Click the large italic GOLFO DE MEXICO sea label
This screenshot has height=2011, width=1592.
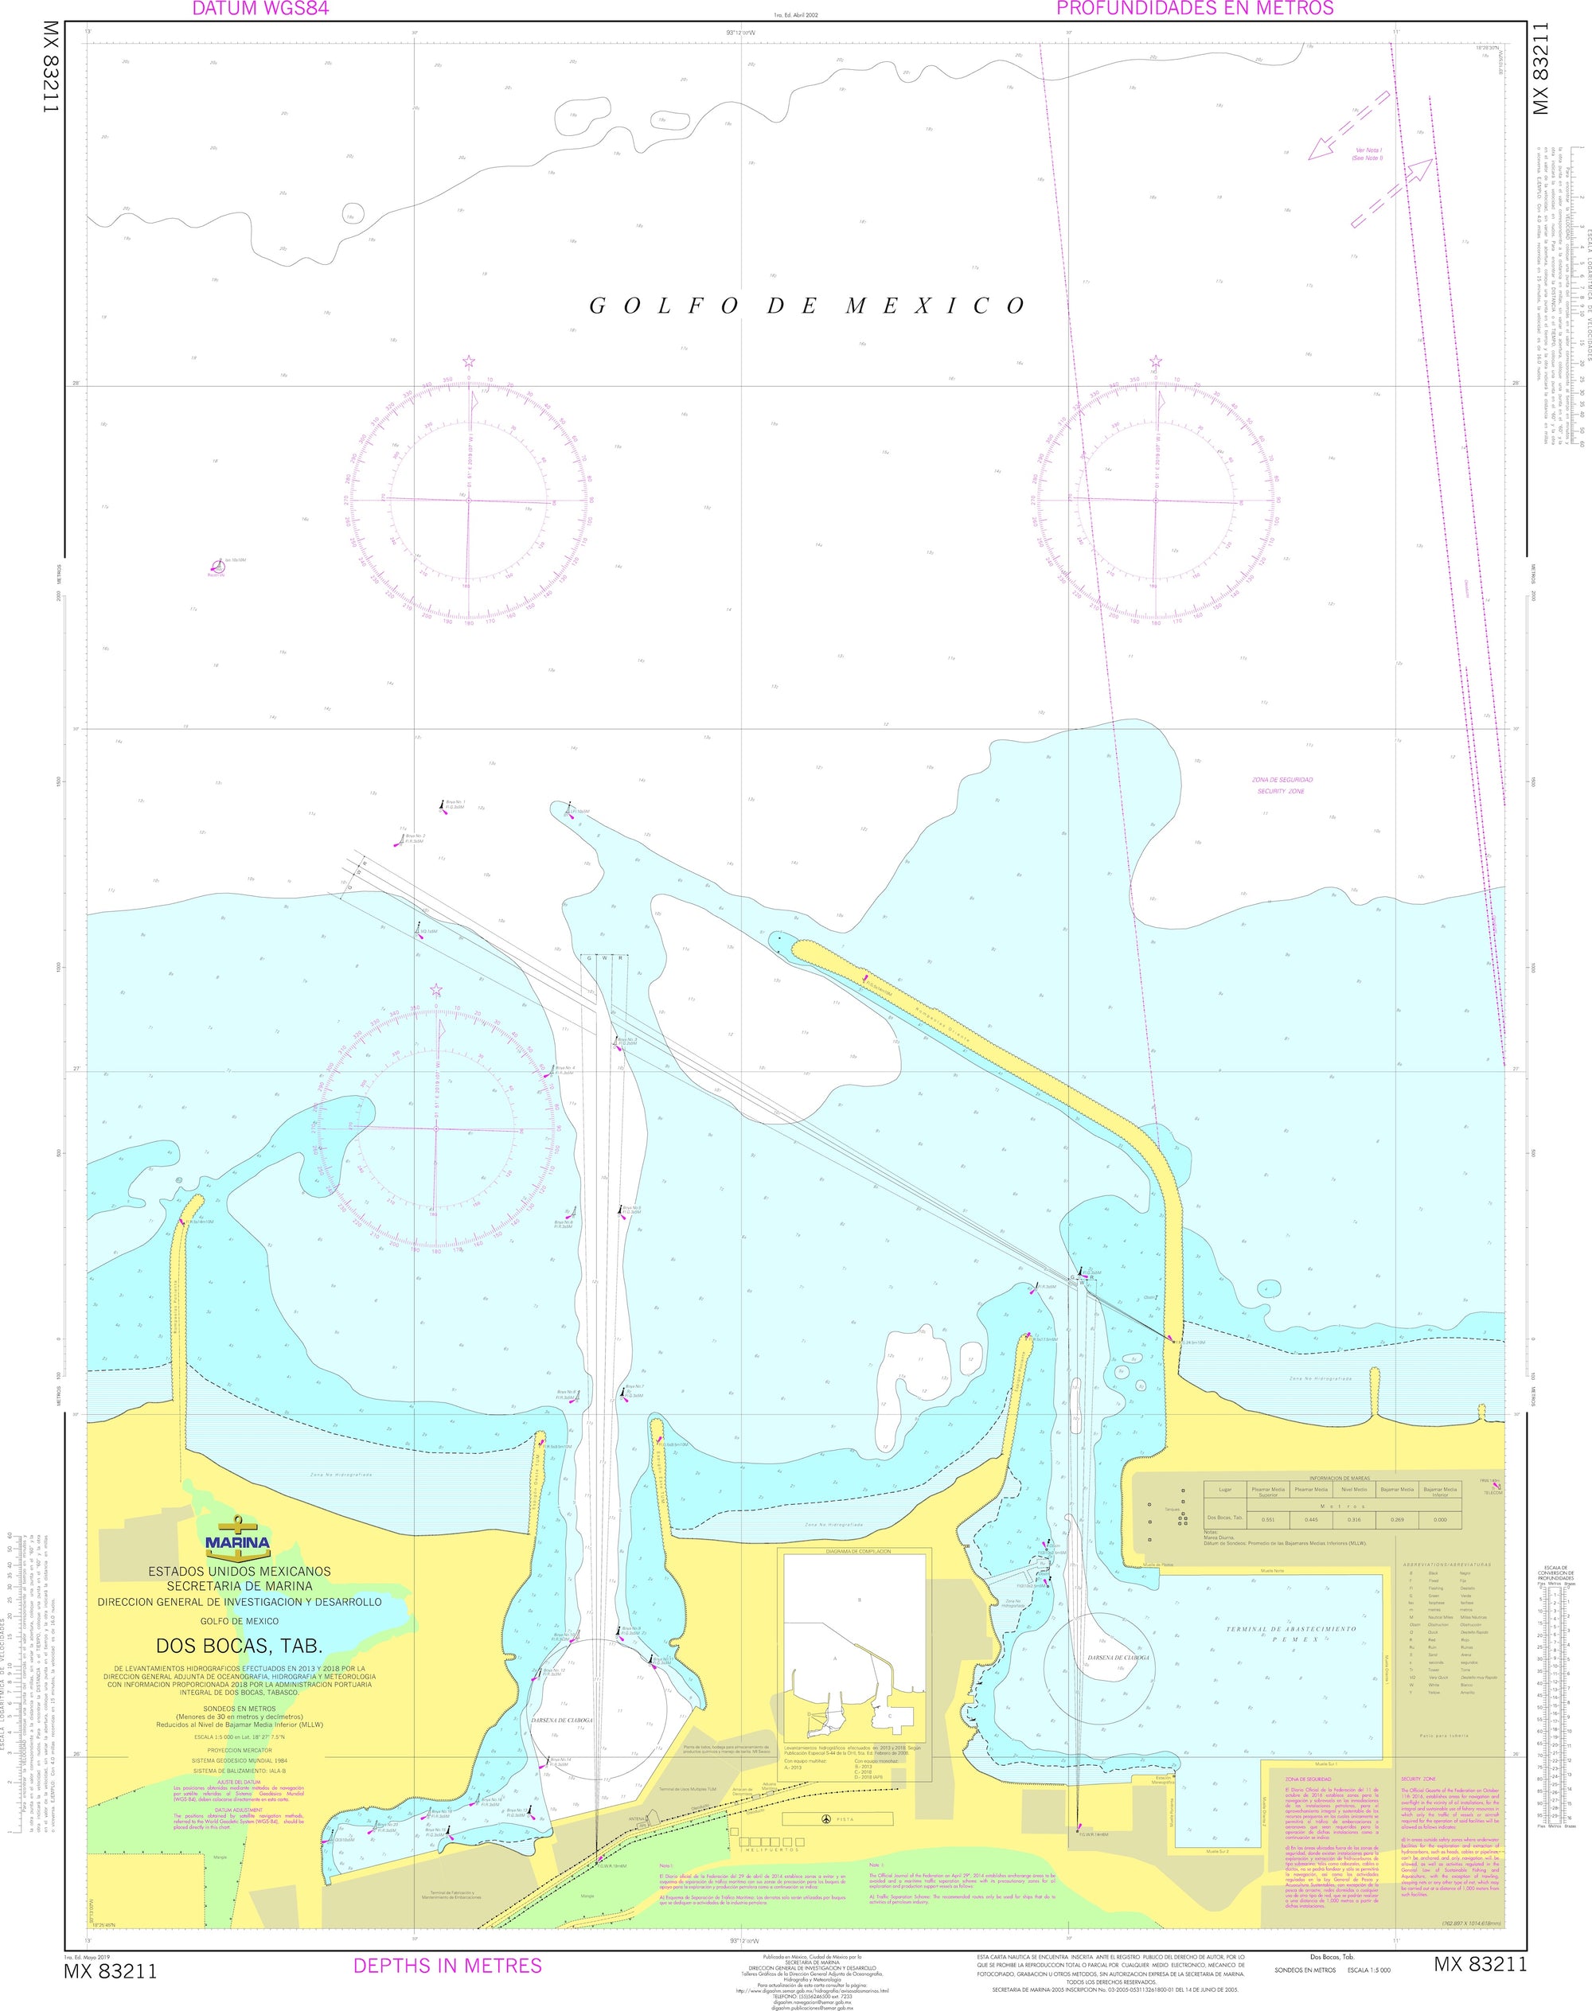tap(807, 306)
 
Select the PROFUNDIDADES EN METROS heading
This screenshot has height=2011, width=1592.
tap(1195, 10)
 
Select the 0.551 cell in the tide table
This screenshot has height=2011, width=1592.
tap(1268, 1520)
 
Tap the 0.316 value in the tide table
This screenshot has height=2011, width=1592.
tap(1353, 1520)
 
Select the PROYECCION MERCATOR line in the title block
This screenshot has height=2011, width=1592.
tap(240, 1751)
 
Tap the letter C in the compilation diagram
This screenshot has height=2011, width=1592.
tap(889, 1716)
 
